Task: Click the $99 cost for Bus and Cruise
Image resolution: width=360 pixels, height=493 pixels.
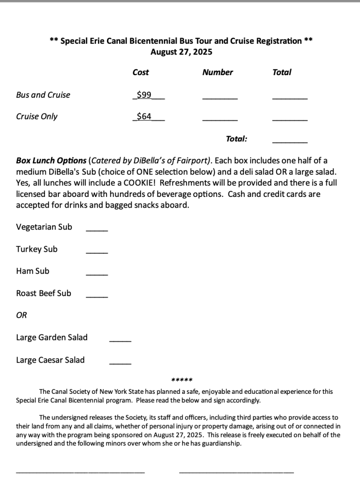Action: (144, 95)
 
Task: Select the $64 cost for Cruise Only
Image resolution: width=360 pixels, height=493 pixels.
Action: (144, 116)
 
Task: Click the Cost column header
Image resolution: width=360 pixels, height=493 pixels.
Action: (141, 72)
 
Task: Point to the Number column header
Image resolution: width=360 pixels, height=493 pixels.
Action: (217, 72)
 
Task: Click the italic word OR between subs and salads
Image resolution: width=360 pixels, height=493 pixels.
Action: (22, 315)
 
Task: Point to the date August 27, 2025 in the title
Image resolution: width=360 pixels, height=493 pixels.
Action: (181, 52)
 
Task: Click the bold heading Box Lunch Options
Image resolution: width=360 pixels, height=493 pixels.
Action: (51, 160)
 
